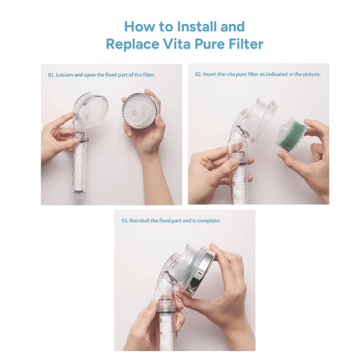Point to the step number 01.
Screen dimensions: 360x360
coord(51,75)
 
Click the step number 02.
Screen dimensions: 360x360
coord(198,75)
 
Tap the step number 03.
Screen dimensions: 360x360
coord(124,220)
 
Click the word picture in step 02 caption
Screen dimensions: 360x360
coord(312,75)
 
